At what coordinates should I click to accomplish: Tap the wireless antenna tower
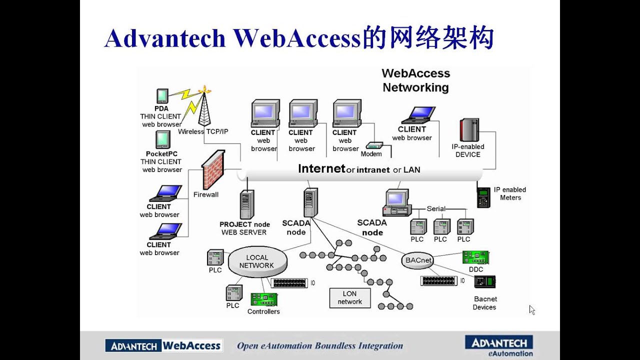click(x=204, y=107)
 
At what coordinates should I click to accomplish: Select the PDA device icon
click(x=162, y=96)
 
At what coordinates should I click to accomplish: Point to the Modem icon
click(x=374, y=145)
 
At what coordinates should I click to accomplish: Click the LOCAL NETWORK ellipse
click(x=257, y=261)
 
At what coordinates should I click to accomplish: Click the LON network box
click(x=349, y=297)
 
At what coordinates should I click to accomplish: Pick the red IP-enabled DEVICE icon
click(x=469, y=130)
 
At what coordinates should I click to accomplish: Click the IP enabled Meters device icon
click(x=483, y=197)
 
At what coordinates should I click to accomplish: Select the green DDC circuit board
click(x=475, y=257)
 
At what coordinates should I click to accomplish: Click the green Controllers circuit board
click(x=263, y=299)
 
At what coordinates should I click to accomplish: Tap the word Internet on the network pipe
click(x=321, y=168)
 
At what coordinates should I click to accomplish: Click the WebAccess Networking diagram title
click(x=416, y=80)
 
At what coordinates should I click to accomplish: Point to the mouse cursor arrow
click(x=531, y=309)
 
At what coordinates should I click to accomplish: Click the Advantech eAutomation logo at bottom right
click(x=498, y=345)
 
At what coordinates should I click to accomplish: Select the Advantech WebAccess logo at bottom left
click(x=164, y=345)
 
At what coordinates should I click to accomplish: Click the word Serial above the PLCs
click(x=436, y=208)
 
